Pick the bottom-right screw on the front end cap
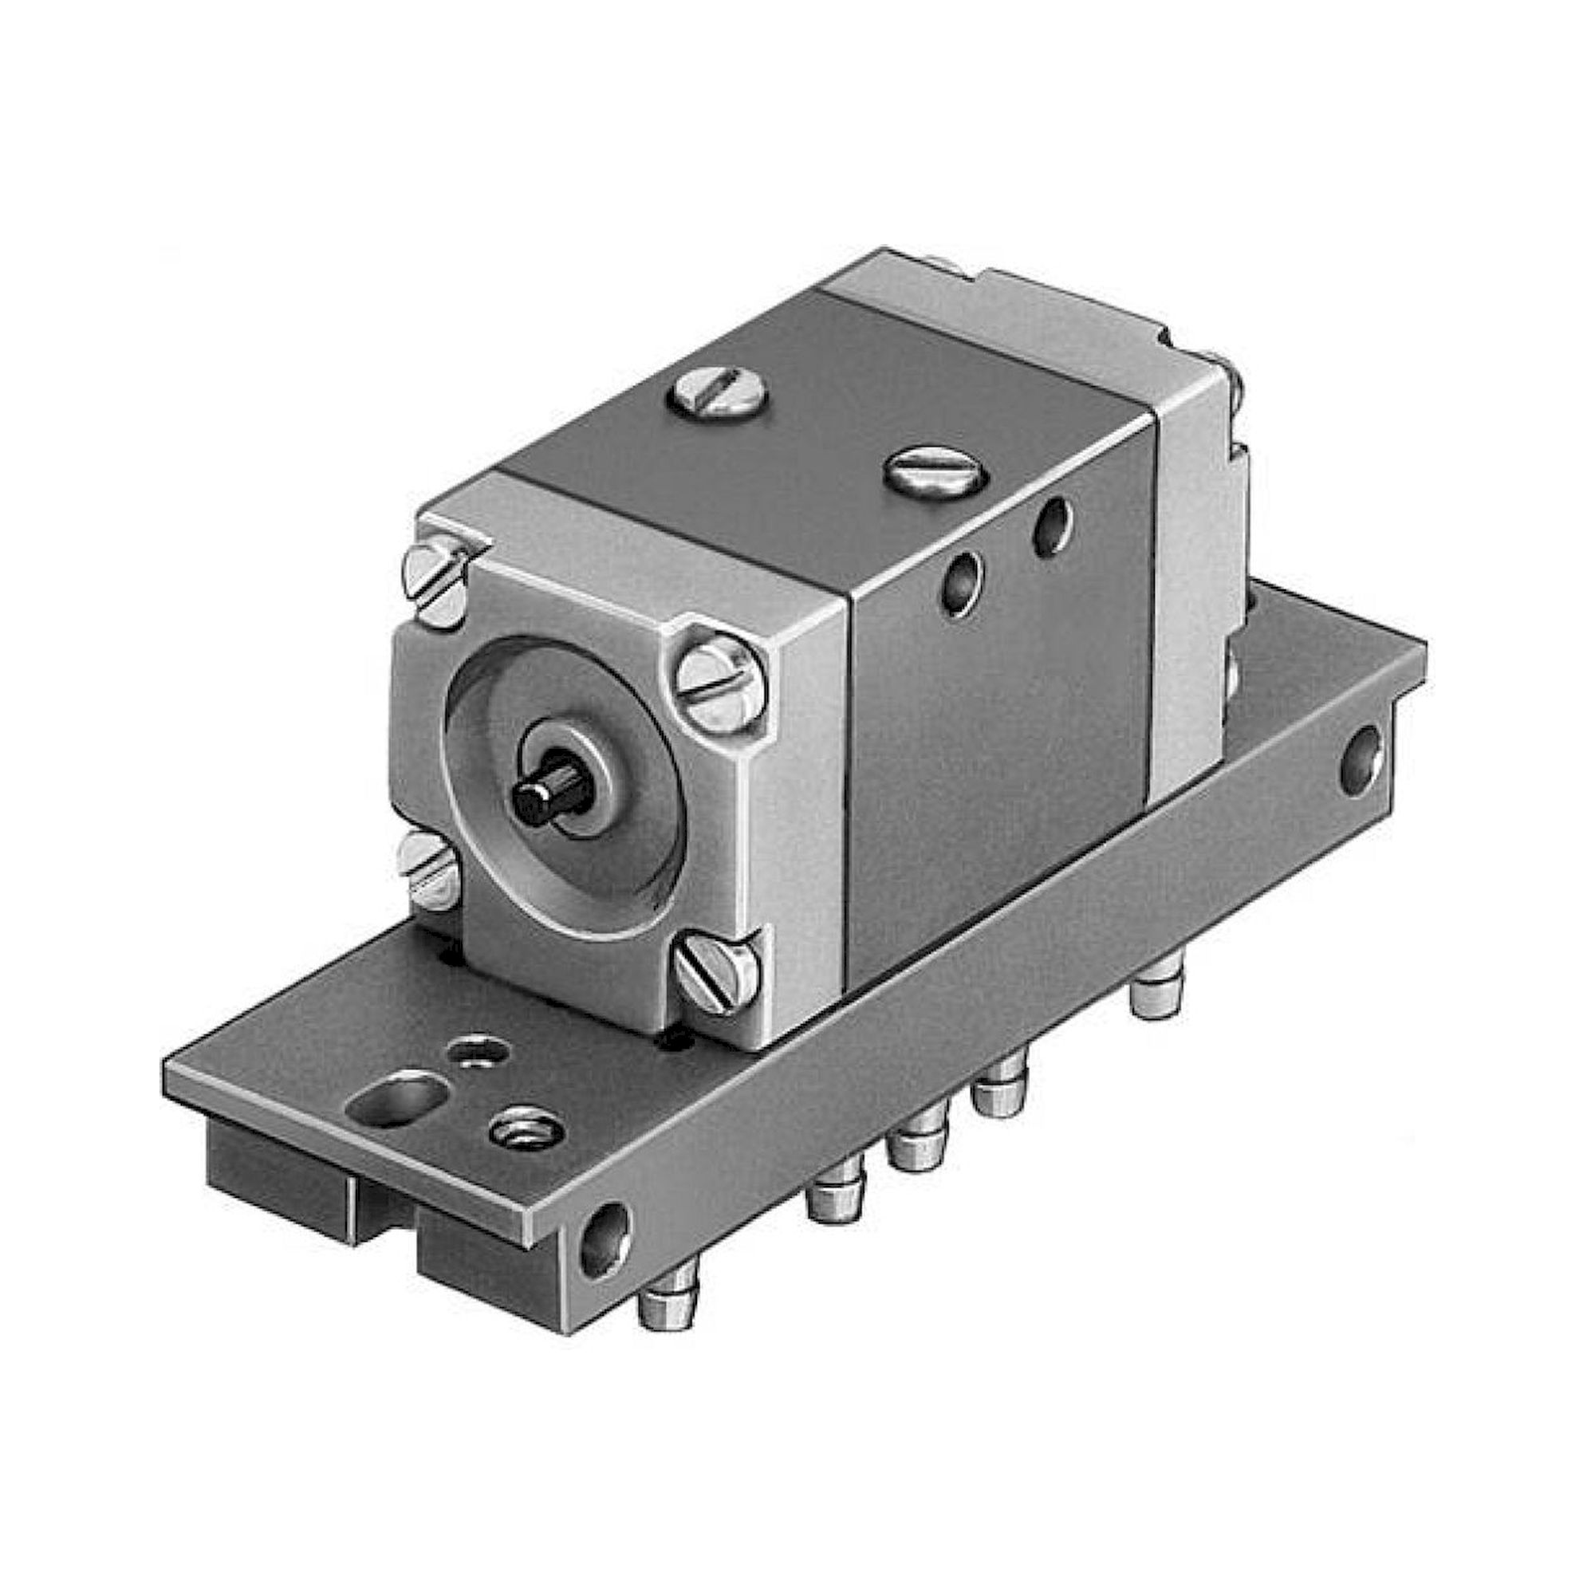coord(717,972)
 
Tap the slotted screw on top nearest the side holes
coord(936,471)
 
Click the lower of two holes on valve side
coord(963,583)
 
